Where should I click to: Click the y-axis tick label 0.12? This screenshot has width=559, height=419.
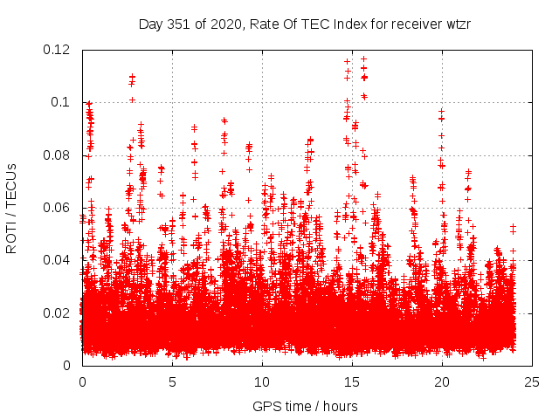click(x=59, y=49)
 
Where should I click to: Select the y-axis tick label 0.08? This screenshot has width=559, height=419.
click(x=59, y=155)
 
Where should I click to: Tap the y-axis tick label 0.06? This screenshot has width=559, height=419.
click(x=59, y=208)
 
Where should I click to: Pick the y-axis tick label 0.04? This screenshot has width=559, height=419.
click(x=59, y=260)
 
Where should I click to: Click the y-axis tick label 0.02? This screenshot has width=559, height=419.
click(x=59, y=313)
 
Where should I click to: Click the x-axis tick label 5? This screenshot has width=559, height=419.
click(x=172, y=381)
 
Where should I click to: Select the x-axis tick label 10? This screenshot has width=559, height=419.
click(x=262, y=381)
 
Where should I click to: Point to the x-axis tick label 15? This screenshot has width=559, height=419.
click(x=352, y=381)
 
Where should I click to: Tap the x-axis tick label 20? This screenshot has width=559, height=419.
click(x=442, y=381)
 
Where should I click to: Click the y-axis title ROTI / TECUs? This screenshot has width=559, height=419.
click(x=12, y=208)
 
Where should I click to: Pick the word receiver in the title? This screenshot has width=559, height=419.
click(x=414, y=24)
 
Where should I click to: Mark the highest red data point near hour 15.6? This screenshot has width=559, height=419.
click(x=363, y=58)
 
